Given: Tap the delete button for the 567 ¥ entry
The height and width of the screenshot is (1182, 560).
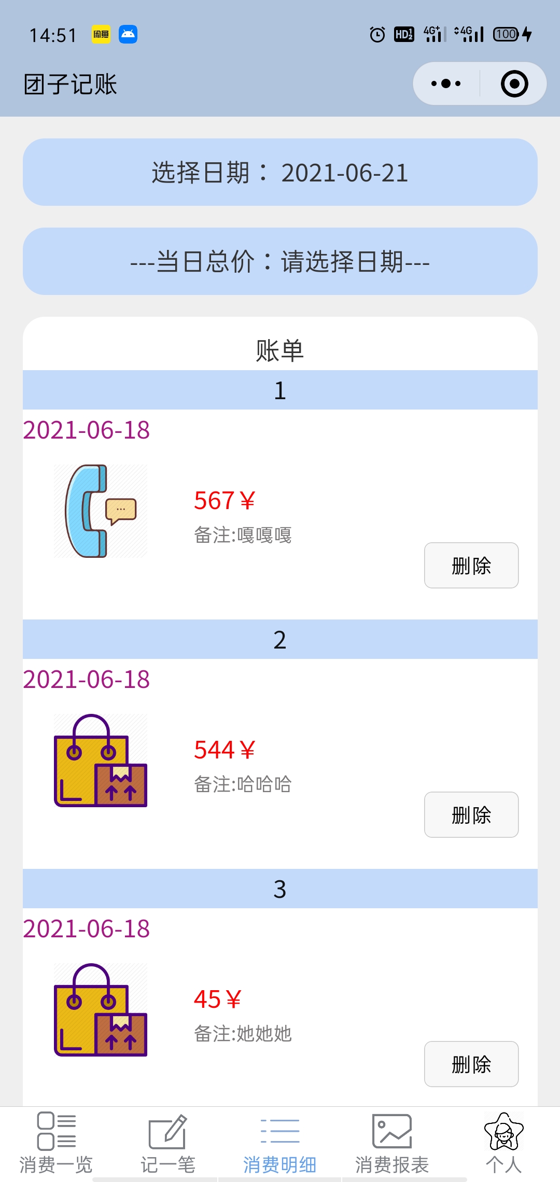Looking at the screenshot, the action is click(x=471, y=565).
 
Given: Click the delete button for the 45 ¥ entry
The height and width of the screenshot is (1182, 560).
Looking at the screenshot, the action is click(x=471, y=1064).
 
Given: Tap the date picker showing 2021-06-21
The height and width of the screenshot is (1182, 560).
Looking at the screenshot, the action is click(x=280, y=172).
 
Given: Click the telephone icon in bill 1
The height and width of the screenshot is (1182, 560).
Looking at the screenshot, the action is click(x=101, y=511).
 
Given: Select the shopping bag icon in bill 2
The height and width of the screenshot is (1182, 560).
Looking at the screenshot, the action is click(x=101, y=761).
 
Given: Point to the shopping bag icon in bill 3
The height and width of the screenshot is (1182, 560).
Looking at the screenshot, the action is click(x=101, y=1010).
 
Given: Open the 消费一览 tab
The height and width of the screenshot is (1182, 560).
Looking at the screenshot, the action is click(x=56, y=1143).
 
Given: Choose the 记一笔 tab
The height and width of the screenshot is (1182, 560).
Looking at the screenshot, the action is click(x=168, y=1143).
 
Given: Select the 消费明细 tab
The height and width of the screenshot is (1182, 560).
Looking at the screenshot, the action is click(x=280, y=1143).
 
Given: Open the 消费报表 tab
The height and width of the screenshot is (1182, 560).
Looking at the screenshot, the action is click(x=392, y=1143).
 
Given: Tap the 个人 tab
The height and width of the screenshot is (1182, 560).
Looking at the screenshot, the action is click(x=503, y=1143).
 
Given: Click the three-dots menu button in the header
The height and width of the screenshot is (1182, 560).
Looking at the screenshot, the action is click(x=446, y=83).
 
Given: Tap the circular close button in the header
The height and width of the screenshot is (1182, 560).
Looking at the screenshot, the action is click(x=514, y=83).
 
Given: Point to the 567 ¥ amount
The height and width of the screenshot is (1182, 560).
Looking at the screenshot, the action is click(x=224, y=501).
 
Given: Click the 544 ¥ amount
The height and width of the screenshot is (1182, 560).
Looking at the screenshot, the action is click(x=224, y=750).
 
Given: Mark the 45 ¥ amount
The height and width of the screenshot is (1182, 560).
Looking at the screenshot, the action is click(x=217, y=1000).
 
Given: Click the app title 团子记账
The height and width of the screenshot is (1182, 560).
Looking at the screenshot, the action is click(x=71, y=84).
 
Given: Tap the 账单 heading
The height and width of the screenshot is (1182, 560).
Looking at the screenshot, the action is click(x=280, y=350).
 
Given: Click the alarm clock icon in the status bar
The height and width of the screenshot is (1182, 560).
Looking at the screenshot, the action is click(x=377, y=35).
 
